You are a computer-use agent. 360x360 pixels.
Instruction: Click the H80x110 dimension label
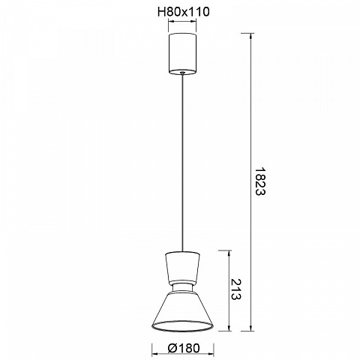point(184,12)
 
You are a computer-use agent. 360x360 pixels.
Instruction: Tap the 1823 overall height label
point(259,181)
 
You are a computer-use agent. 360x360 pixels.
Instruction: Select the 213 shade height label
point(235,289)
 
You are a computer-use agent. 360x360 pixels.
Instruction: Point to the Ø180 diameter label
point(184,348)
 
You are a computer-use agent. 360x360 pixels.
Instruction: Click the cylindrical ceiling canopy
point(182,54)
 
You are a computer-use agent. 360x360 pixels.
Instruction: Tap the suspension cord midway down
point(183,163)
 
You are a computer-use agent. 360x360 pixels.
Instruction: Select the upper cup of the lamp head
point(182,268)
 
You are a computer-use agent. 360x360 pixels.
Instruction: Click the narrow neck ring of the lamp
point(182,287)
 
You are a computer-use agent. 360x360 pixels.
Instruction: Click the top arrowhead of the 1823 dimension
point(250,36)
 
